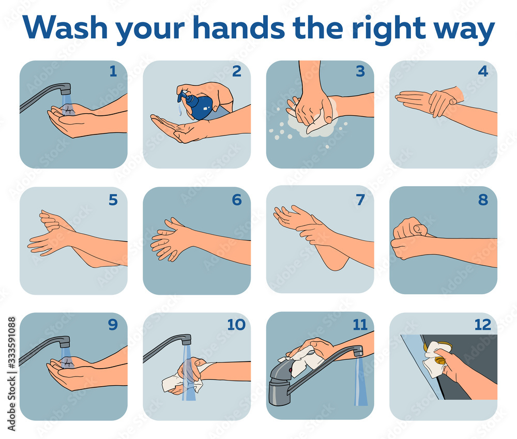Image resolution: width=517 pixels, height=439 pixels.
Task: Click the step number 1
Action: pyautogui.click(x=113, y=71)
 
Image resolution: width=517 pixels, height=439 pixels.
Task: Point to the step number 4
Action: pyautogui.click(x=483, y=71)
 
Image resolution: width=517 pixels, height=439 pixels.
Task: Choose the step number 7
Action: pyautogui.click(x=360, y=200)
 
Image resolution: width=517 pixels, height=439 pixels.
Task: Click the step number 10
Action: pyautogui.click(x=236, y=325)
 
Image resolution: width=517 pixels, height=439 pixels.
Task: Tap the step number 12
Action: pyautogui.click(x=483, y=325)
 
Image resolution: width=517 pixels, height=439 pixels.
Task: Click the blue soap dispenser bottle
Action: pyautogui.click(x=199, y=105)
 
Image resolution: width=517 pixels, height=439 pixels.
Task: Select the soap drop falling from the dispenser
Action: pyautogui.click(x=180, y=110)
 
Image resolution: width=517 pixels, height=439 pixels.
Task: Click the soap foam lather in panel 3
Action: pyautogui.click(x=310, y=127)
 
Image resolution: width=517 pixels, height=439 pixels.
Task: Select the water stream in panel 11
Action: pyautogui.click(x=360, y=383)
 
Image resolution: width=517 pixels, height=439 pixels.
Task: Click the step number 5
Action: pyautogui.click(x=113, y=200)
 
